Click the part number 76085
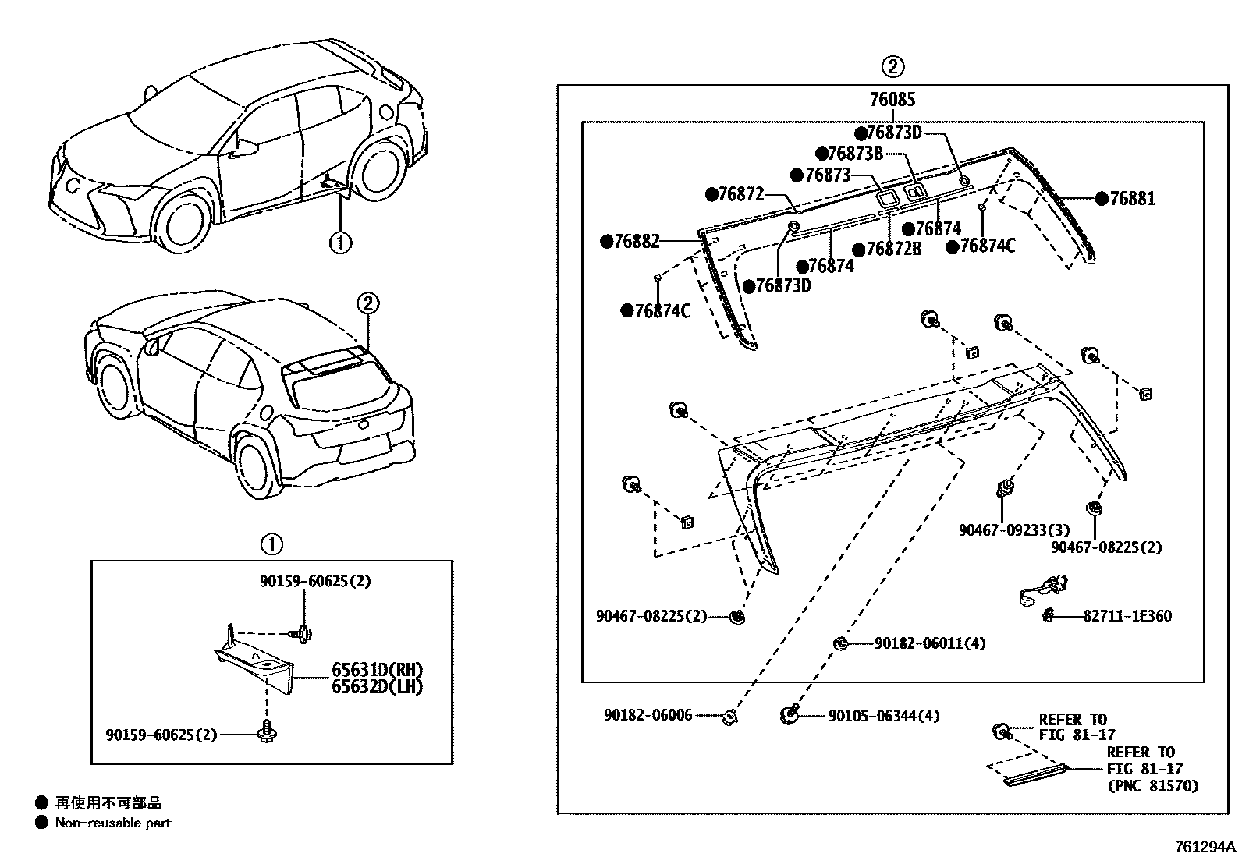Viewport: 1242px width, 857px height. tap(892, 100)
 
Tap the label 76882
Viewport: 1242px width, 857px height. tap(636, 242)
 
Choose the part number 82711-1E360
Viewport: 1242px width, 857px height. tap(1127, 616)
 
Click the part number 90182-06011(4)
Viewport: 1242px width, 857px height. tap(930, 643)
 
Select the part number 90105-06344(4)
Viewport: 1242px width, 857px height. tap(883, 715)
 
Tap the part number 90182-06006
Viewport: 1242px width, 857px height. tap(648, 715)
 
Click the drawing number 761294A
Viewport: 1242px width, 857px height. tap(1206, 846)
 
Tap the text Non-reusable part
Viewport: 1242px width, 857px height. tap(112, 823)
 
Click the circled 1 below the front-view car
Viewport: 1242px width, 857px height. tap(340, 243)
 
